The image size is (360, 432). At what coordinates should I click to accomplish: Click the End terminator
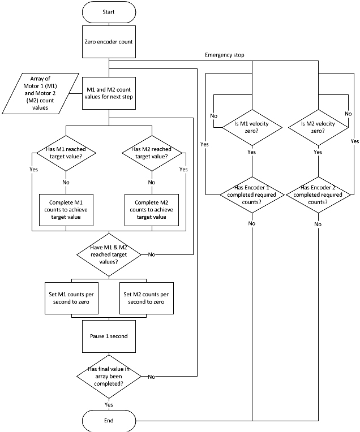pyautogui.click(x=109, y=421)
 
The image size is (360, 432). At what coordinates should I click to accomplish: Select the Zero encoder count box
pyautogui.click(x=109, y=41)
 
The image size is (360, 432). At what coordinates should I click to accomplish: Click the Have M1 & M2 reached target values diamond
pyautogui.click(x=109, y=255)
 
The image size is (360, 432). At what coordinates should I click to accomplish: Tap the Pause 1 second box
pyautogui.click(x=109, y=336)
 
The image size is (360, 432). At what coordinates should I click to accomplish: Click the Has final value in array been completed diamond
pyautogui.click(x=109, y=376)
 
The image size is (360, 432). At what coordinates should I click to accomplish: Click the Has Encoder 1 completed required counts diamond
pyautogui.click(x=252, y=195)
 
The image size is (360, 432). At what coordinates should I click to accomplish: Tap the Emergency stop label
pyautogui.click(x=225, y=54)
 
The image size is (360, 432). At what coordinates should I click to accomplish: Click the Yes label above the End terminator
pyautogui.click(x=109, y=404)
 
